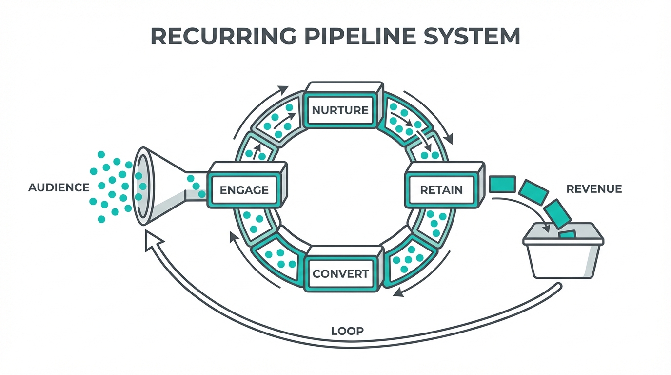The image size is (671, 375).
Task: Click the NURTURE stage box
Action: (340, 110)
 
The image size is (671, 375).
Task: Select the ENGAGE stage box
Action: (244, 189)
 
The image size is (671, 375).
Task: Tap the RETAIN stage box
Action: (441, 189)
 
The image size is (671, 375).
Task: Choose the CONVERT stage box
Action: (340, 273)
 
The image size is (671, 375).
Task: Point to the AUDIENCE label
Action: (59, 187)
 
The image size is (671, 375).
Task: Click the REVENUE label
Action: (594, 189)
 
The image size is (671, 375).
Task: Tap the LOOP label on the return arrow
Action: (347, 331)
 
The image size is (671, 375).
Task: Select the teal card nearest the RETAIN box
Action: (502, 184)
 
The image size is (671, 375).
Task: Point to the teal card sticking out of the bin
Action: (567, 235)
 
